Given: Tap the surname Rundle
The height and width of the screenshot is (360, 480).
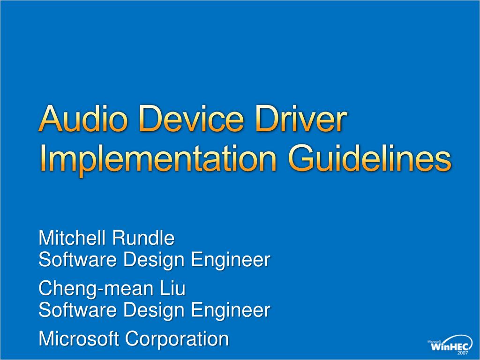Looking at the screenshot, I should [x=142, y=238].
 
